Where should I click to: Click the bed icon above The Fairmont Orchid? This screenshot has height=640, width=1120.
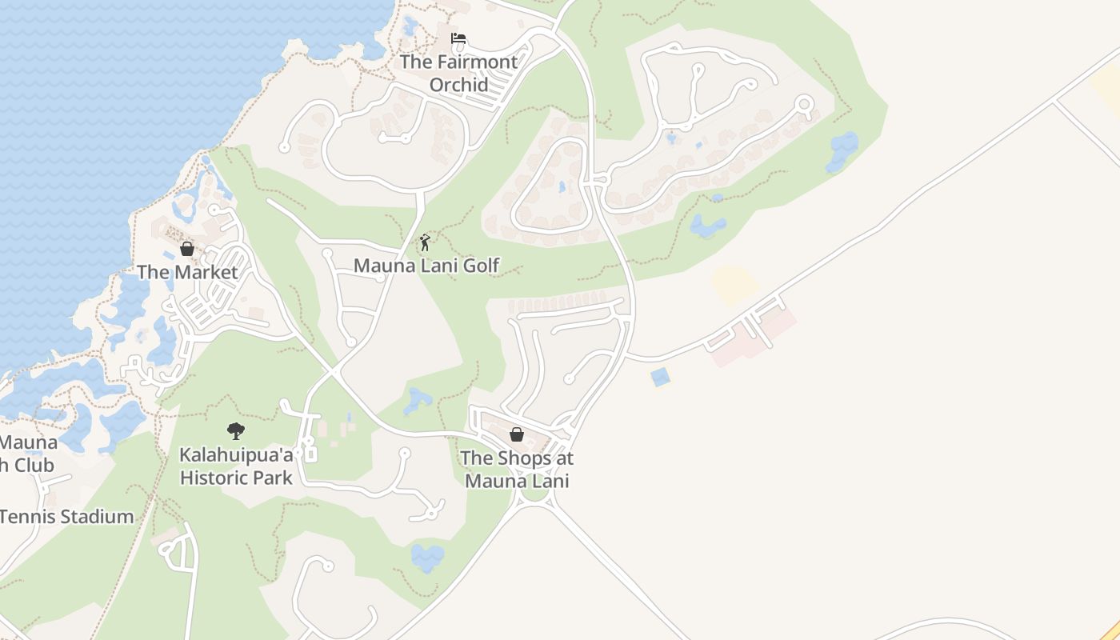click(x=458, y=38)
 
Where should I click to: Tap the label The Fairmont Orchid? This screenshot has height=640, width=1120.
click(x=458, y=72)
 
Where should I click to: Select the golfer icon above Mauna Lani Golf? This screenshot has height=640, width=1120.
click(x=426, y=242)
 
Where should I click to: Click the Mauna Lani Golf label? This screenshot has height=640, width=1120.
click(x=426, y=266)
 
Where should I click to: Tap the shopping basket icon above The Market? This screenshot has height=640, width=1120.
click(x=187, y=249)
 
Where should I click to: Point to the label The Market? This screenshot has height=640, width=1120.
click(x=187, y=272)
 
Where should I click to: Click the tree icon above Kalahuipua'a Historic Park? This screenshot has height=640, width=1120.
click(x=235, y=431)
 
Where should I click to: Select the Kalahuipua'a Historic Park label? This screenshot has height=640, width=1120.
click(x=236, y=466)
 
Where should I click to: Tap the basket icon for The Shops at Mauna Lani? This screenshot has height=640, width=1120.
click(x=517, y=434)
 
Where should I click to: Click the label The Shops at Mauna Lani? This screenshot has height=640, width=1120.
click(x=517, y=470)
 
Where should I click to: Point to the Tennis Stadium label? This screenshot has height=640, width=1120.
click(x=67, y=517)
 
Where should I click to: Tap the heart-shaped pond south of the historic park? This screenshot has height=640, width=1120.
click(x=427, y=557)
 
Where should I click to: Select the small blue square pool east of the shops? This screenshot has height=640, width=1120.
click(x=660, y=377)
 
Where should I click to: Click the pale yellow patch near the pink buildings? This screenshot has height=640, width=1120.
click(x=734, y=285)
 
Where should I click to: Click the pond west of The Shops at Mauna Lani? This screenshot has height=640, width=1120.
click(x=417, y=401)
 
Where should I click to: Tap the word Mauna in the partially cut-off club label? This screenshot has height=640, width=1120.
click(x=29, y=442)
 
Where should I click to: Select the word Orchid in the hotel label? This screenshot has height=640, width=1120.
click(x=458, y=84)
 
